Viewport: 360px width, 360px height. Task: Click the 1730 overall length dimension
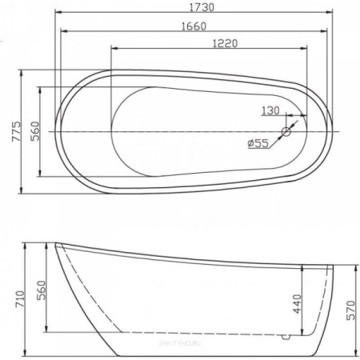pos(196,7)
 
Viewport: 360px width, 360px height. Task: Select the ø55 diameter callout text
pos(257,143)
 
